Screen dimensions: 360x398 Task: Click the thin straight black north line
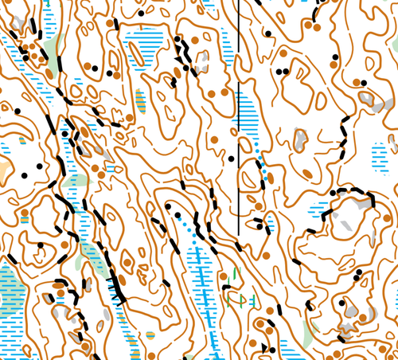240,119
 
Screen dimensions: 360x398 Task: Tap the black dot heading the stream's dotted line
168,207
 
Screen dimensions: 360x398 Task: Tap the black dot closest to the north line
232,158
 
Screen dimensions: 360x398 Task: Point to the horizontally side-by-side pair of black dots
282,71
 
